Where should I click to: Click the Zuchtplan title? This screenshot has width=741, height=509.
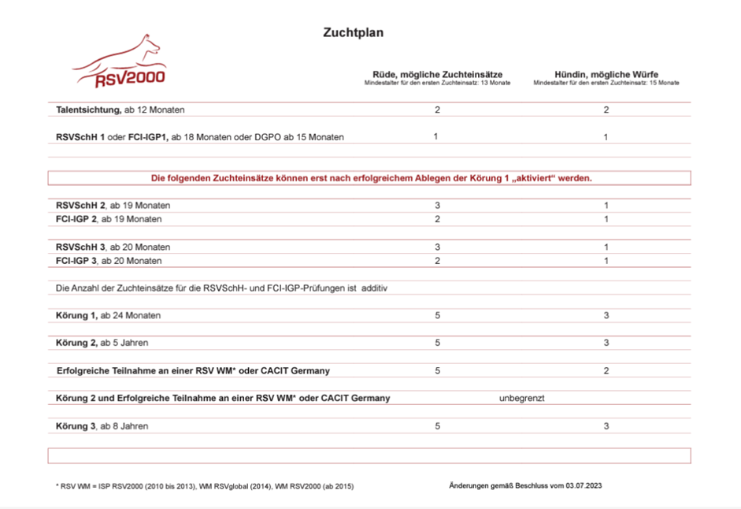(353, 33)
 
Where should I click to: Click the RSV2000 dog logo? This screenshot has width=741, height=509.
(120, 64)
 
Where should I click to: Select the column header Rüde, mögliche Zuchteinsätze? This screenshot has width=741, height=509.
(437, 74)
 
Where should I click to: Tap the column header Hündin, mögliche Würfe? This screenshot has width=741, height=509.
(606, 74)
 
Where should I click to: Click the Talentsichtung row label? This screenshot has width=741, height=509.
(120, 110)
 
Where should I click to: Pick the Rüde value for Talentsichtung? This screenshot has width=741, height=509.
(437, 110)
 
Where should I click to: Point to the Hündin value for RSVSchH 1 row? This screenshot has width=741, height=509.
(606, 137)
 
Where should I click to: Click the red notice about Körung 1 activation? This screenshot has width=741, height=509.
(370, 178)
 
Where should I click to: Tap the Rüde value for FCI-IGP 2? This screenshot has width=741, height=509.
(437, 219)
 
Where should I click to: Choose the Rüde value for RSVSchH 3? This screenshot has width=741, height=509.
(437, 247)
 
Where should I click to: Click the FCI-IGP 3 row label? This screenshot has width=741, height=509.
(109, 261)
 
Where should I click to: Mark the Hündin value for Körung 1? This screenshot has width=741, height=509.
(606, 315)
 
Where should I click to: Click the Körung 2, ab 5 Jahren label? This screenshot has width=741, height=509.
(102, 343)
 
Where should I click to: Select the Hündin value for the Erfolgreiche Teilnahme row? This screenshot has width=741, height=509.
(606, 370)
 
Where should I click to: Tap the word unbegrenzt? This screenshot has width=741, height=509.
(521, 398)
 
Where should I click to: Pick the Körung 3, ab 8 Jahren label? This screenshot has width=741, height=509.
(102, 426)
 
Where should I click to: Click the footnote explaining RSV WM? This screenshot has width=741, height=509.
(205, 487)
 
